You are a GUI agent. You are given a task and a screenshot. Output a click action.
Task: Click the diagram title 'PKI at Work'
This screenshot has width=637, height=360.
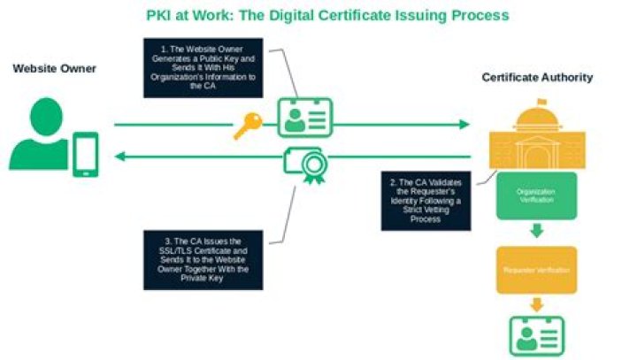326,15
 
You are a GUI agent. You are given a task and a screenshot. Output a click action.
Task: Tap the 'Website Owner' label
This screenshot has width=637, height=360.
54,69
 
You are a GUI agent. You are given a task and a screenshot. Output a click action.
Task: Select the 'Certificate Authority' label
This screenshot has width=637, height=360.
537,78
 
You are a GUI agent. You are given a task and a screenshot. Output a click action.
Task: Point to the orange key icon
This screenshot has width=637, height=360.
247,126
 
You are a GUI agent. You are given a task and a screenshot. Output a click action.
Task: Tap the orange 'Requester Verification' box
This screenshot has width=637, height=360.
536,270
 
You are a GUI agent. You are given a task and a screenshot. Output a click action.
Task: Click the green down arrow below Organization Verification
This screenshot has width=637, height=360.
537,233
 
